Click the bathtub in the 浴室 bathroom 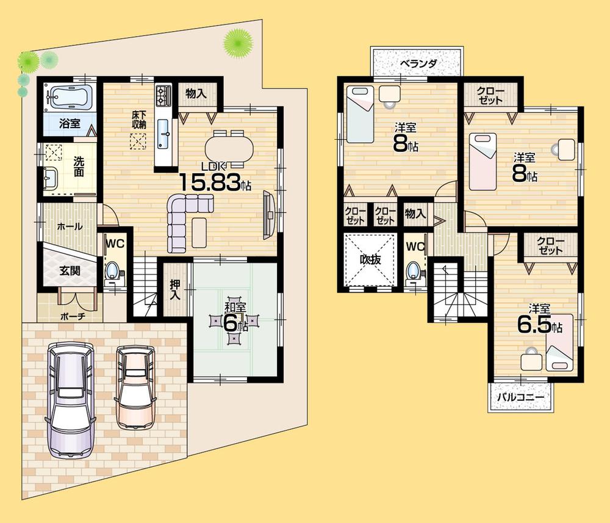(70, 96)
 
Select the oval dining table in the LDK (228, 147)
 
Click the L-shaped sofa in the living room (183, 220)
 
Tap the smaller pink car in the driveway (135, 388)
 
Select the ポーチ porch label (72, 317)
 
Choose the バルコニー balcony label (520, 396)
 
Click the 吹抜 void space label (370, 259)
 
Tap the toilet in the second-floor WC (414, 270)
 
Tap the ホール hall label (69, 226)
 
